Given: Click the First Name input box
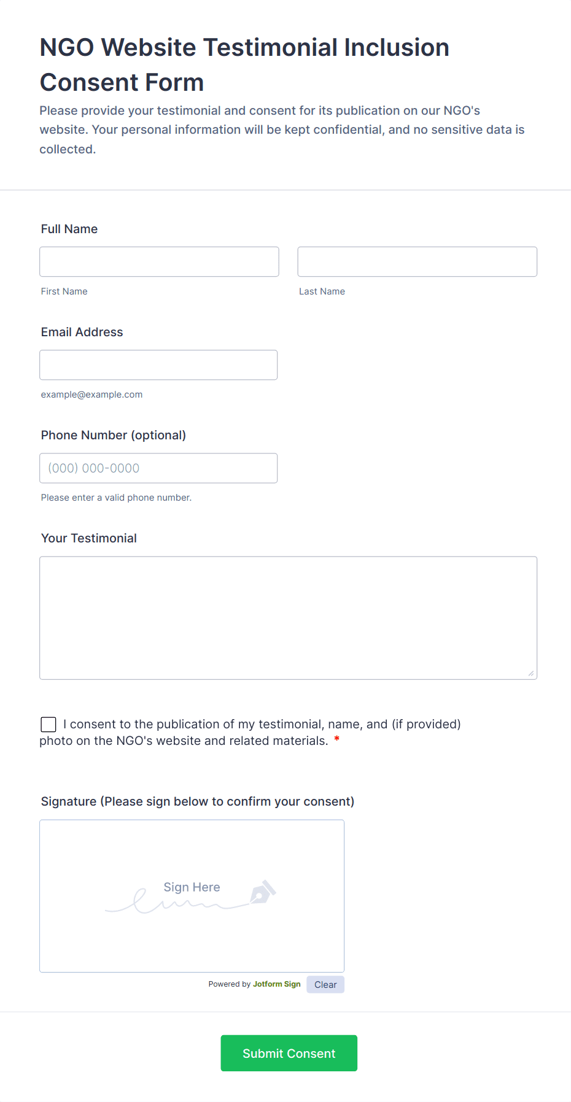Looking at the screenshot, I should [x=159, y=262].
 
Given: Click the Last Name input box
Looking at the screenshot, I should [x=417, y=262].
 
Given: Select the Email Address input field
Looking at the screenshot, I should [x=158, y=365].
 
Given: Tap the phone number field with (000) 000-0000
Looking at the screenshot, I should [x=158, y=468].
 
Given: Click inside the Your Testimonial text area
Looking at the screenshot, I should [x=288, y=618].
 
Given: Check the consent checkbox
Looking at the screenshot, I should [x=49, y=725].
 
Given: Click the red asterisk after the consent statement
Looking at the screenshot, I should [x=336, y=740].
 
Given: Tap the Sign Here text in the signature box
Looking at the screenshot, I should [x=192, y=887].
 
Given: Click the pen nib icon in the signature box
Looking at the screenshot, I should [x=263, y=893].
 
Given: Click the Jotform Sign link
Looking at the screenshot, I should [x=276, y=984].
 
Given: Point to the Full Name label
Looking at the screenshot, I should [x=69, y=229].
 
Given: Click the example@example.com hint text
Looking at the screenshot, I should [x=91, y=395].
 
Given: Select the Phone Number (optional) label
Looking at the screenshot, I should [x=114, y=435].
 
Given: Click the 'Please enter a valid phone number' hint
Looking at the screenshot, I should [x=116, y=498].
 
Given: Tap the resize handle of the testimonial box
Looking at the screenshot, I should [x=531, y=674].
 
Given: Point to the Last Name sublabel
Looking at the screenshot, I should [x=322, y=291].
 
